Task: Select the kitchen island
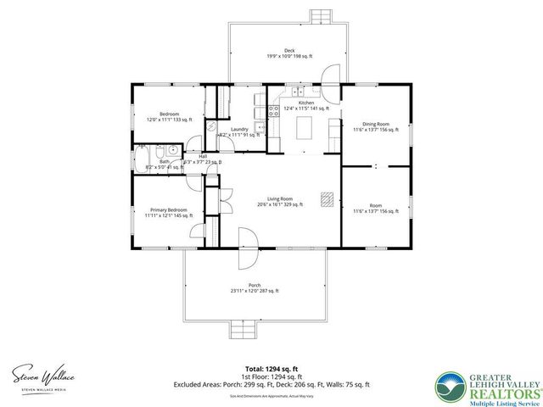(305, 128)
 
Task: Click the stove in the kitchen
(273, 110)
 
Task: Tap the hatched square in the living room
(326, 198)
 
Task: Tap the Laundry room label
(238, 131)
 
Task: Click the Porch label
(255, 287)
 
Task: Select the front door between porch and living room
(248, 240)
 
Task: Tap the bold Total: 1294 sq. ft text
(271, 368)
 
